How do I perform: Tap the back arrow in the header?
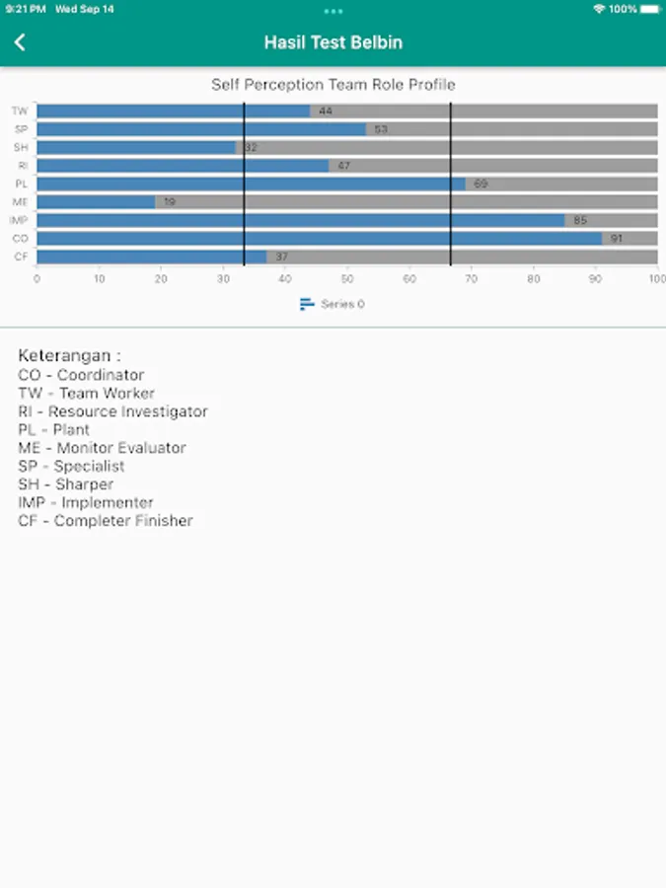tap(20, 42)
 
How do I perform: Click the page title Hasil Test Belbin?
tap(333, 42)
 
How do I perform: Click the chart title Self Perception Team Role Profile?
tap(333, 85)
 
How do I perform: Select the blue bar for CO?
tap(319, 239)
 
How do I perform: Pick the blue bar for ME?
tap(96, 202)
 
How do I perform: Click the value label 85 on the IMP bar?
tap(580, 220)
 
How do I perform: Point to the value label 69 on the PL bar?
tap(481, 184)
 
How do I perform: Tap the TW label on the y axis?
tap(20, 111)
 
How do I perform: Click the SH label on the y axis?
tap(21, 148)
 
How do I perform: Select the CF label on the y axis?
tap(21, 257)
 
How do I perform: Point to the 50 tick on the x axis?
tap(347, 279)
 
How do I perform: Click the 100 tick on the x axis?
tap(656, 279)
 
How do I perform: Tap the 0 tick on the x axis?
tap(37, 279)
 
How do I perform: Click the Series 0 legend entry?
tap(333, 304)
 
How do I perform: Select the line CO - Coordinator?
tap(81, 375)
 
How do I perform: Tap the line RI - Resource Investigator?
tap(112, 411)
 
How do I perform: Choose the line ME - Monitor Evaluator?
tap(102, 448)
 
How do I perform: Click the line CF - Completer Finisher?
tap(106, 521)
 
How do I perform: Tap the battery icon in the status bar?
tap(649, 9)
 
